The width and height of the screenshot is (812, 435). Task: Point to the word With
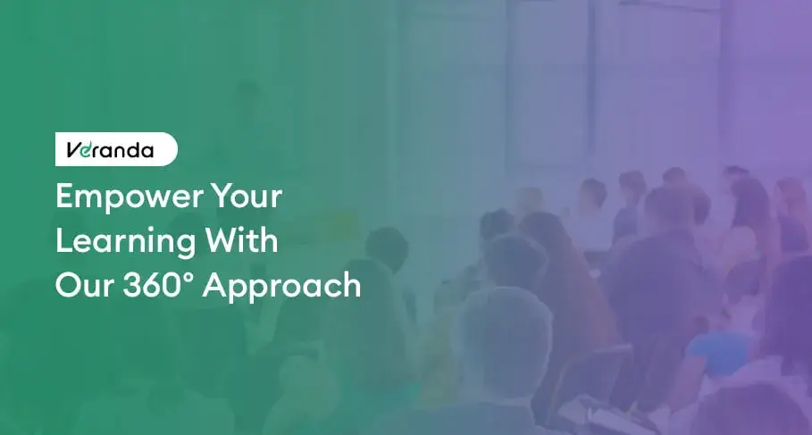[x=241, y=240]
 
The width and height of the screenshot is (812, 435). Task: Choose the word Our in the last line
[x=84, y=286]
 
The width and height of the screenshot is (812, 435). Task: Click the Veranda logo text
[x=110, y=150]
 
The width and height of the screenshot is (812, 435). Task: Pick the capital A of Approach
[x=214, y=286]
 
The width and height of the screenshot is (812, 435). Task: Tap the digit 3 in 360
[x=131, y=286]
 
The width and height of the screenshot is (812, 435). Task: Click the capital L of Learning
[x=63, y=241]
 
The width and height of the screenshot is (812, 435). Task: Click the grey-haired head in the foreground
[x=504, y=332]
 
